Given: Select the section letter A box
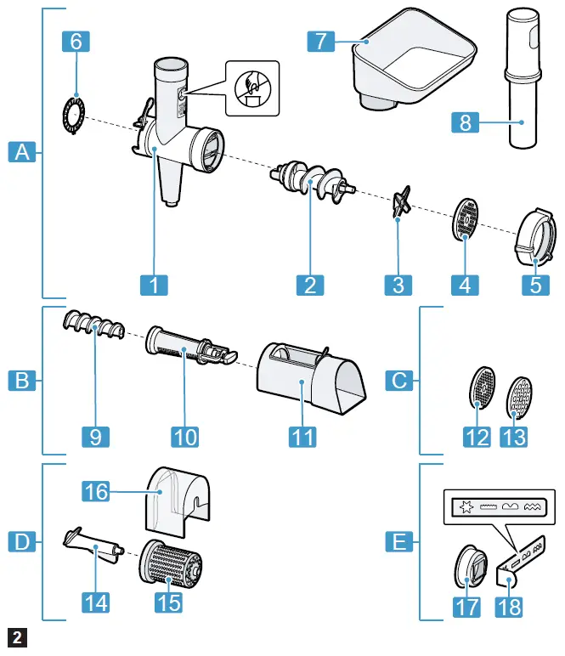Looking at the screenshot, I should [x=23, y=153].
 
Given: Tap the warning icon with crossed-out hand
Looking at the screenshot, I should [x=251, y=88].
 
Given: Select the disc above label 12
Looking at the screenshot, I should [x=481, y=387].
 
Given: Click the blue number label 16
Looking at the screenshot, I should [x=97, y=490].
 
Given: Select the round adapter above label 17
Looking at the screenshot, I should [x=470, y=565].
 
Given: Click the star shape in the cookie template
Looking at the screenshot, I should [x=466, y=508].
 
